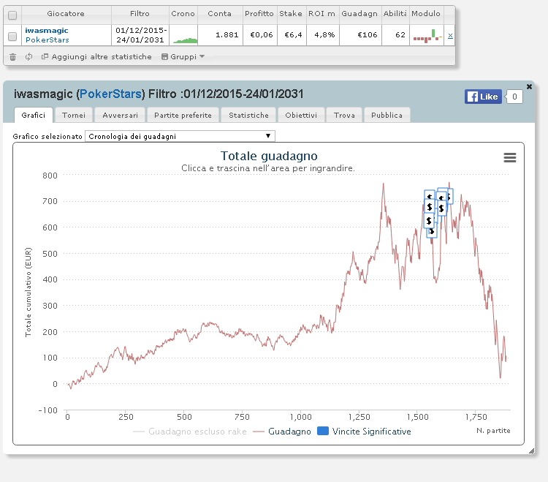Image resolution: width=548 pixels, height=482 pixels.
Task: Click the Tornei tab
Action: [x=74, y=115]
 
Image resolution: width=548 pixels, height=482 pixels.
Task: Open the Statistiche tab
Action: [x=248, y=115]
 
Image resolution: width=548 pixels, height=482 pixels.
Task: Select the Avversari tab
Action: [x=121, y=115]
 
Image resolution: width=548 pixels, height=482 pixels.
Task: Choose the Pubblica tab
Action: [x=387, y=115]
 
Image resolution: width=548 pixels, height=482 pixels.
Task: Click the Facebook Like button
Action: [x=483, y=97]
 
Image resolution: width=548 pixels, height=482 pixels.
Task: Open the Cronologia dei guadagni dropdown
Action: [x=180, y=136]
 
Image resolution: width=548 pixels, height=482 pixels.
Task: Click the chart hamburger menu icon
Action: [x=510, y=158]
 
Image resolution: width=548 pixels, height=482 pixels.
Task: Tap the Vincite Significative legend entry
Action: [x=364, y=432]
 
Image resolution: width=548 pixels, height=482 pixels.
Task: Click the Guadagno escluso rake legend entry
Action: [x=190, y=432]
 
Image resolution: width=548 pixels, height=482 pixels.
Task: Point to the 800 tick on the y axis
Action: [x=50, y=176]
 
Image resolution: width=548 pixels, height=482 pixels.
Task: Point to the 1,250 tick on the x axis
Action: [x=359, y=417]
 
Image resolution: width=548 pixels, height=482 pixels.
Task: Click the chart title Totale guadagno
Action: [x=269, y=156]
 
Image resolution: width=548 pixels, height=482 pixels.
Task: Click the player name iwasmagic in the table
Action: [x=47, y=31]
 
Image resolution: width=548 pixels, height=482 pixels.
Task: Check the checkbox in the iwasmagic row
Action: [x=12, y=36]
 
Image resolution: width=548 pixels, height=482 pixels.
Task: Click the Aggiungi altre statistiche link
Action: [x=102, y=56]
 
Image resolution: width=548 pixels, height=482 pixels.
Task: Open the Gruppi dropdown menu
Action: [x=183, y=56]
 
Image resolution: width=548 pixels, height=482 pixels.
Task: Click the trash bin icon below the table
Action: [x=12, y=56]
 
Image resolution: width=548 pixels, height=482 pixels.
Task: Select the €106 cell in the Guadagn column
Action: [x=368, y=34]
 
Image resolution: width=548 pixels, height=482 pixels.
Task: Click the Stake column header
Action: [x=290, y=14]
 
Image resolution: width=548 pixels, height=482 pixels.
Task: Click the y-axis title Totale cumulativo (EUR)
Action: [x=28, y=292]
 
